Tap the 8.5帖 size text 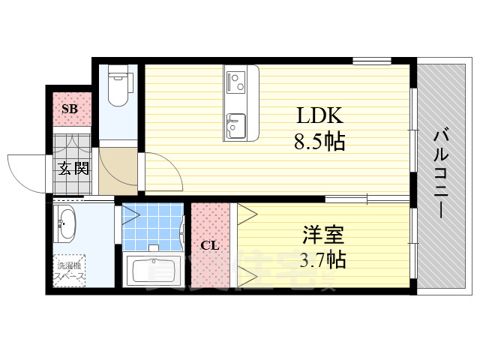point(319,142)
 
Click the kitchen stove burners point(235,80)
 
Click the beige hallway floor point(118,170)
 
